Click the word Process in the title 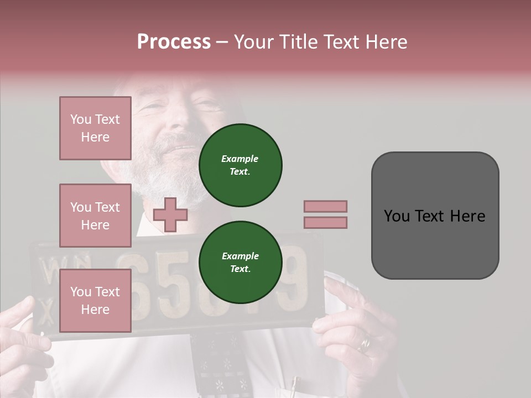coord(174,42)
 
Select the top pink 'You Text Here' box coord(95,128)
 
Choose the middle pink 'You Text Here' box coord(95,216)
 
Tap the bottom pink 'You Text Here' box coord(95,300)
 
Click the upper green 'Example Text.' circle coord(240,165)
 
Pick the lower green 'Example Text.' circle coord(240,262)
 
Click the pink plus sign coord(170,214)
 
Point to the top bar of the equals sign coord(325,206)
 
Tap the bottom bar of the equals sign coord(325,222)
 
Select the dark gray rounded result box coord(435,216)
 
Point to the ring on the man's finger coord(365,345)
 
